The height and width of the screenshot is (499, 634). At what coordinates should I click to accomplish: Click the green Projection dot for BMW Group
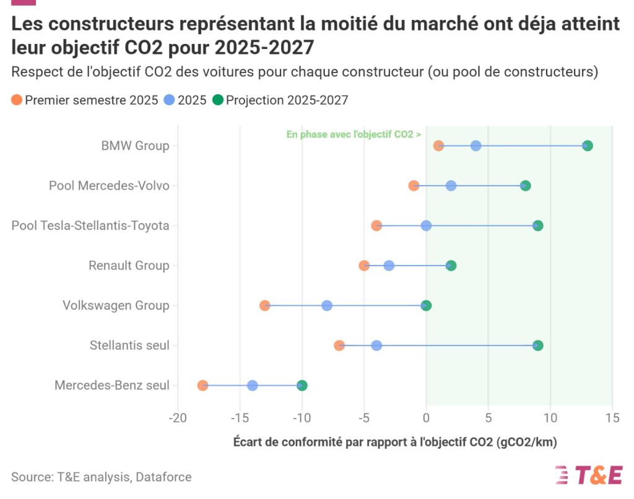[587, 145]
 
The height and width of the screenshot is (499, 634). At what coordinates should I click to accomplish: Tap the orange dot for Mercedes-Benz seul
[202, 386]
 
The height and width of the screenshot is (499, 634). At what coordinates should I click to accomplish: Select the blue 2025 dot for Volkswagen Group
[327, 305]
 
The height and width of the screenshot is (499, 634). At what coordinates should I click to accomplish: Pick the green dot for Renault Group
[451, 266]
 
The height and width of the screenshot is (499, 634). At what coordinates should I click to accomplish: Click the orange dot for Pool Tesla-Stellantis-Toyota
[376, 225]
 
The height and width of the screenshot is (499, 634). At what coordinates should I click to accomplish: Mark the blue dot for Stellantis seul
[376, 345]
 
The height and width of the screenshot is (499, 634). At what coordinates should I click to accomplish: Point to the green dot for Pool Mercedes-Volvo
[525, 186]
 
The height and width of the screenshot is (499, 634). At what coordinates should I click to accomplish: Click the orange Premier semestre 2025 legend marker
[17, 100]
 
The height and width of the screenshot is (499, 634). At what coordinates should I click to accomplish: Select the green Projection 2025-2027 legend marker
[217, 100]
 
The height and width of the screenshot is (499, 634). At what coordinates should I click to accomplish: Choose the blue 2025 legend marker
[169, 100]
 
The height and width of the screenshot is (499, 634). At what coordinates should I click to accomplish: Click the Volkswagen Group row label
[116, 305]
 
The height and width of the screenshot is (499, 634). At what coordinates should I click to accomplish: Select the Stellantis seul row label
[129, 345]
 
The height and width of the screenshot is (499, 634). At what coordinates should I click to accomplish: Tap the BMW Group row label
[135, 145]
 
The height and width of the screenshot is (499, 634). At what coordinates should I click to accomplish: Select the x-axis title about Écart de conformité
[395, 442]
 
